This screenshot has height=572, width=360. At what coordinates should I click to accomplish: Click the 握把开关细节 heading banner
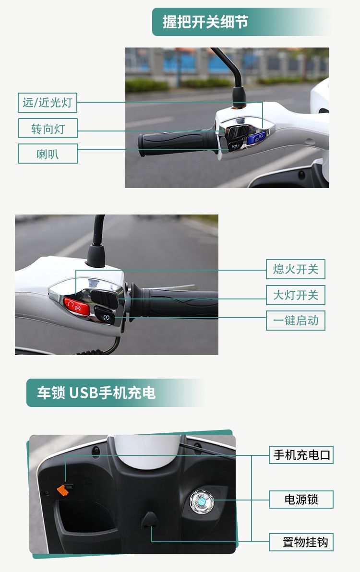[241, 22]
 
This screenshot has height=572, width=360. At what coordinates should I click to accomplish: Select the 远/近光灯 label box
[48, 103]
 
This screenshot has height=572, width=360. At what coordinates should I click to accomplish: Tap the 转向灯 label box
[48, 129]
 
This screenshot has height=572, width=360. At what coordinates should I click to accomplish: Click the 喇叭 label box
[48, 154]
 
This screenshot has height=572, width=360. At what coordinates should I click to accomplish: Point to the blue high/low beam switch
[256, 138]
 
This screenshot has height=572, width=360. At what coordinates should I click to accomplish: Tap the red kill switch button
[76, 306]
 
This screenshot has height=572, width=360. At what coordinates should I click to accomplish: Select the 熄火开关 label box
[296, 269]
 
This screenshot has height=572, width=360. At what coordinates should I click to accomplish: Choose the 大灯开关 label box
[296, 295]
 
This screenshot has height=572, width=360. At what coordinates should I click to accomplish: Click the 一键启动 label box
[296, 320]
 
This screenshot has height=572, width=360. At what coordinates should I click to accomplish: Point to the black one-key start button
[105, 315]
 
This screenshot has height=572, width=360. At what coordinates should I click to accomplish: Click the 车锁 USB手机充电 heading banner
[116, 393]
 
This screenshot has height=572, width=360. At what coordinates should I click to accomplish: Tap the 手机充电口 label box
[301, 455]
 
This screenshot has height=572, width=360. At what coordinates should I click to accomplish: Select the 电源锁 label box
[301, 500]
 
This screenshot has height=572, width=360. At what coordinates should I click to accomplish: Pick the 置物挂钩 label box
[301, 542]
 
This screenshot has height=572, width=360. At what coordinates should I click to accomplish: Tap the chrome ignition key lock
[201, 502]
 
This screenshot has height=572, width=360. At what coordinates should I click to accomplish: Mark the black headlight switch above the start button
[105, 298]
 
